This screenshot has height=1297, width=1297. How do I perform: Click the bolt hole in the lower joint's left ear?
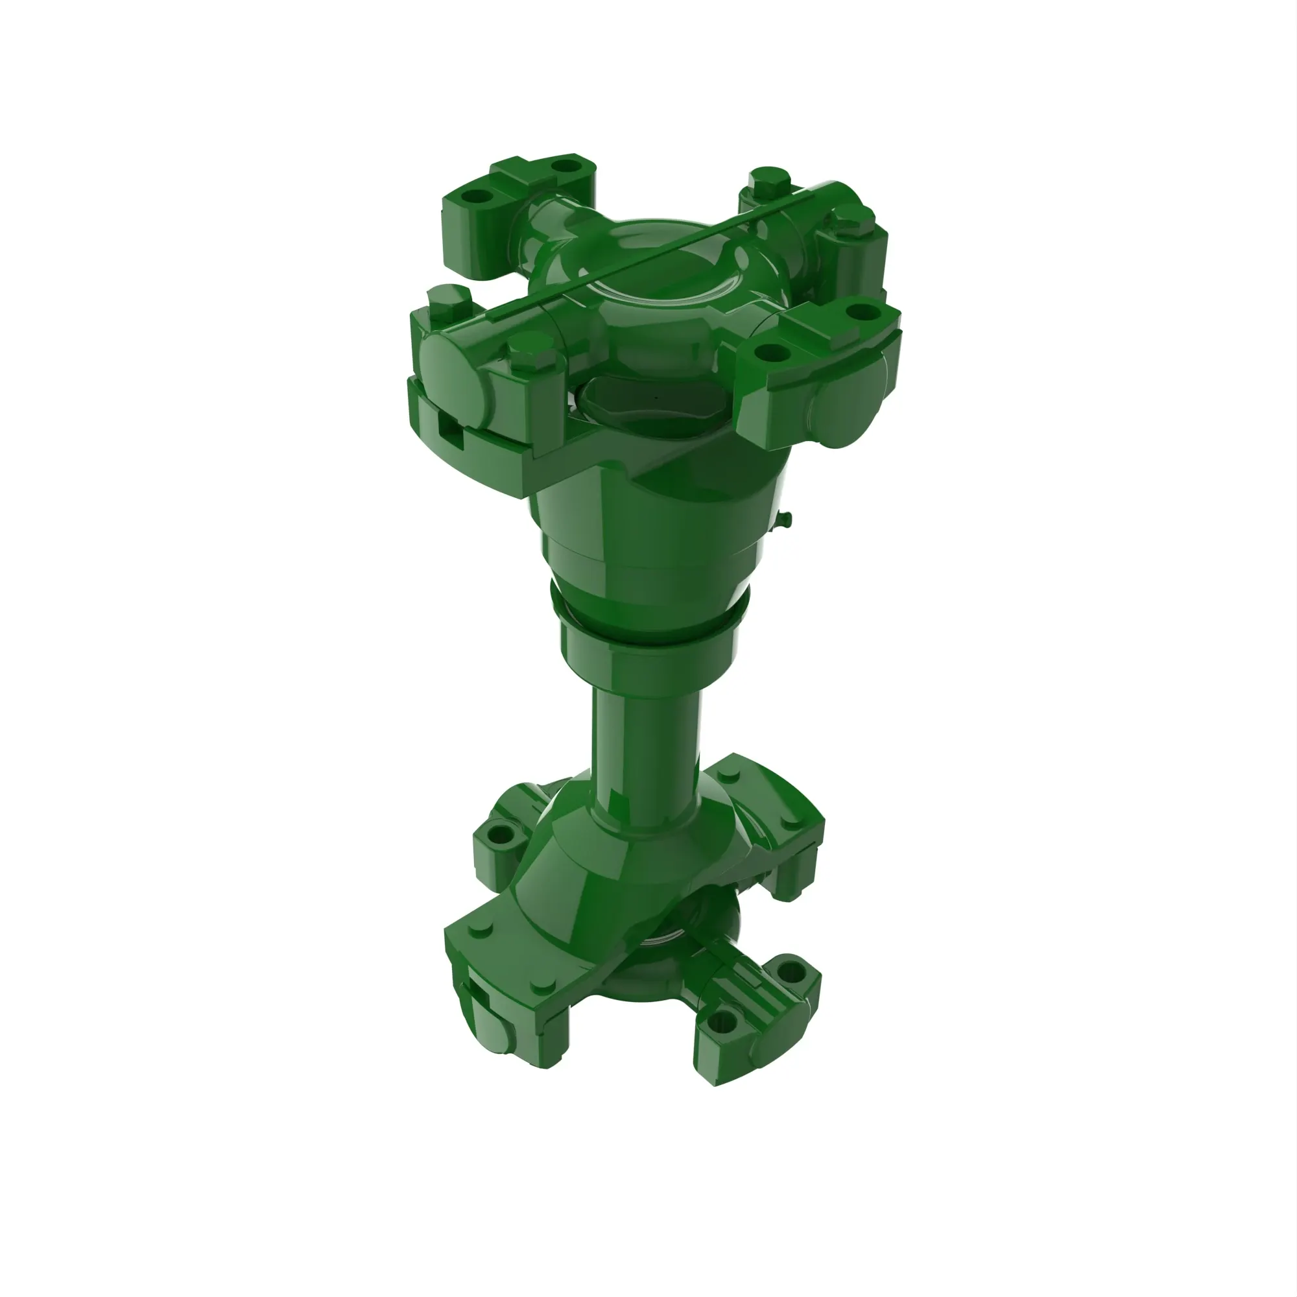click(x=501, y=836)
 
